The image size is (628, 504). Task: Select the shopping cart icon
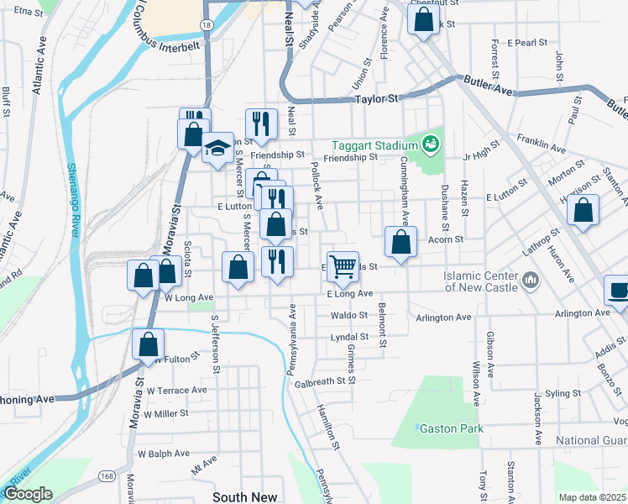click(343, 266)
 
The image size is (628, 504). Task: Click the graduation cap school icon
click(217, 150)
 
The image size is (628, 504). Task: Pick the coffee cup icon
click(619, 291)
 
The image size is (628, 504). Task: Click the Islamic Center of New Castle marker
click(530, 279)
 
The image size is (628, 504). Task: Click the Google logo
click(27, 494)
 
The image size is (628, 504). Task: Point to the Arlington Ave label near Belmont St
click(444, 318)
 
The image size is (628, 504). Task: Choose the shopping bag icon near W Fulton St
click(149, 344)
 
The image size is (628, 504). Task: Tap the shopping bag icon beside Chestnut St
click(422, 18)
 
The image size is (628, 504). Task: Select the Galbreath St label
click(321, 381)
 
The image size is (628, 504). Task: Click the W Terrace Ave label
click(176, 391)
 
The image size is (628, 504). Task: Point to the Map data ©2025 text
click(593, 497)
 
